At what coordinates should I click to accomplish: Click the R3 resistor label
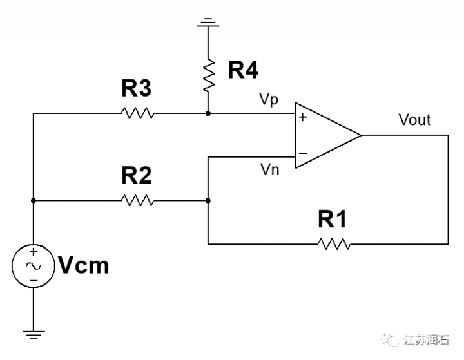(x=137, y=88)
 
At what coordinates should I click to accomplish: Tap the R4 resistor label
(x=244, y=70)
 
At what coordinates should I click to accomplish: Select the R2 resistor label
(x=137, y=176)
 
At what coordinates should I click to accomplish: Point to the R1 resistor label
(x=333, y=220)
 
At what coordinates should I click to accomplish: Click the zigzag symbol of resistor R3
(x=137, y=113)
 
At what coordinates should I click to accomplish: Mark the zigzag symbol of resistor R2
(x=137, y=200)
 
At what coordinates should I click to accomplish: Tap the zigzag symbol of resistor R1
(x=333, y=243)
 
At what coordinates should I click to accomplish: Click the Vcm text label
(x=83, y=265)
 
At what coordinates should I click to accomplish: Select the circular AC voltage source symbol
(x=32, y=265)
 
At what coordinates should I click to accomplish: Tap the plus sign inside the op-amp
(x=302, y=118)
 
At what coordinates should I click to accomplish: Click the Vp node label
(x=269, y=100)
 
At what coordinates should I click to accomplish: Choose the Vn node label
(x=269, y=169)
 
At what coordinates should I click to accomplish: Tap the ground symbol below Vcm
(x=32, y=334)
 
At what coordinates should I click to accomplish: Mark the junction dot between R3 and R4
(x=208, y=113)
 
